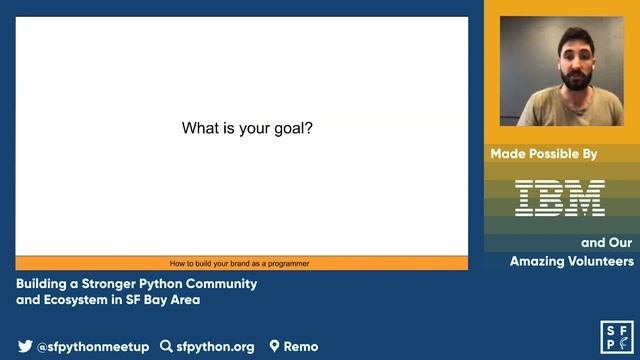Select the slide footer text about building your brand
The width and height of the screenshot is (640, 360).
[x=239, y=264]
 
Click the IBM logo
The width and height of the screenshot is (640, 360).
[x=560, y=198]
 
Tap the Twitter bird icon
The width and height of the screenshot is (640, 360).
[x=25, y=347]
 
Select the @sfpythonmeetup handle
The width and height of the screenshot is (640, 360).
[x=93, y=347]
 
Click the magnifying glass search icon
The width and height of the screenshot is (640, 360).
[x=166, y=347]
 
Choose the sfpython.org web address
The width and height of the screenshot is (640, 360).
[x=215, y=347]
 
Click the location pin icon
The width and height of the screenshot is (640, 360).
[x=274, y=347]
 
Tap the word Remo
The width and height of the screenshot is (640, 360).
[x=301, y=347]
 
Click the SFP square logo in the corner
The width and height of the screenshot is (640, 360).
[x=615, y=337]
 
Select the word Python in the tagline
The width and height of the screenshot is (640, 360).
[x=174, y=284]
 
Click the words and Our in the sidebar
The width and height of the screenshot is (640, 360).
[x=607, y=242]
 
